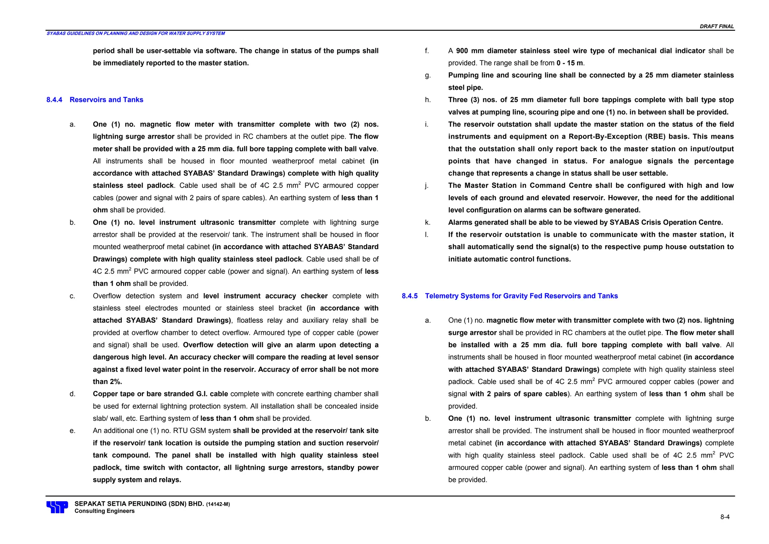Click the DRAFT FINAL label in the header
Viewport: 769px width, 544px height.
tap(716, 26)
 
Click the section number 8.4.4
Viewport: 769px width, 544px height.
tap(54, 100)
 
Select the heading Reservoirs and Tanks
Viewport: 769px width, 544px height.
tap(106, 100)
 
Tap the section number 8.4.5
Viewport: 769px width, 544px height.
tap(409, 296)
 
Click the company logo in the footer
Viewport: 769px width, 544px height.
tap(57, 507)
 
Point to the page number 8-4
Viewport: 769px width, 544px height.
tap(725, 517)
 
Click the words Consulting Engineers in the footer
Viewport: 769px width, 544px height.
tap(104, 511)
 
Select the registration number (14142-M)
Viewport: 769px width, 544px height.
tap(218, 504)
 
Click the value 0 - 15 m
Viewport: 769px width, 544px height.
tap(570, 63)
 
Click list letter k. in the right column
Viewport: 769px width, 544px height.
tap(428, 222)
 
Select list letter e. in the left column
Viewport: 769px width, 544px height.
tap(72, 431)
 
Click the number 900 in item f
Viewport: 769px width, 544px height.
tap(462, 51)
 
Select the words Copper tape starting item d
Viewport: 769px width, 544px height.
tap(112, 394)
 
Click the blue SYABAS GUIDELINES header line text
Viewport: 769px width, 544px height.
tap(136, 33)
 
